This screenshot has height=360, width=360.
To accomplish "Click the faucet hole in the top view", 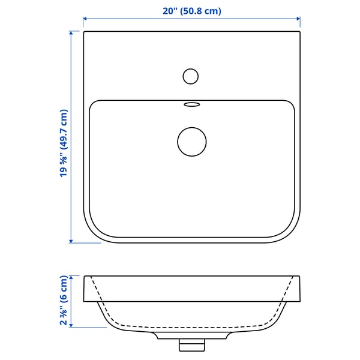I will (x=191, y=76).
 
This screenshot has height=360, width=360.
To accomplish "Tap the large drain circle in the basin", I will (x=192, y=142).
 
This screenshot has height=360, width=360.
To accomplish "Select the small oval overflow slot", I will (x=192, y=104).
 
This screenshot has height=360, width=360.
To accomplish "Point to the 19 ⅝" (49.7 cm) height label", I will (x=64, y=143).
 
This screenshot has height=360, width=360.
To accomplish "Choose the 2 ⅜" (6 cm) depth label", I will (x=64, y=301).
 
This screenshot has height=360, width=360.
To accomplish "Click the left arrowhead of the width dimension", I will (x=85, y=19).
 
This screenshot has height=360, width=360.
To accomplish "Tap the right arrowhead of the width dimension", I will (x=298, y=19).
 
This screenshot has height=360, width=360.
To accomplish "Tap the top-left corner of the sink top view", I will (x=85, y=32).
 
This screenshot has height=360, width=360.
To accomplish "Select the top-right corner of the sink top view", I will (x=299, y=32).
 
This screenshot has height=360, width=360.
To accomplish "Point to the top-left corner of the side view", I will (x=85, y=276).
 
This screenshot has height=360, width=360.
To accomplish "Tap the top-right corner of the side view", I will (x=299, y=276).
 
